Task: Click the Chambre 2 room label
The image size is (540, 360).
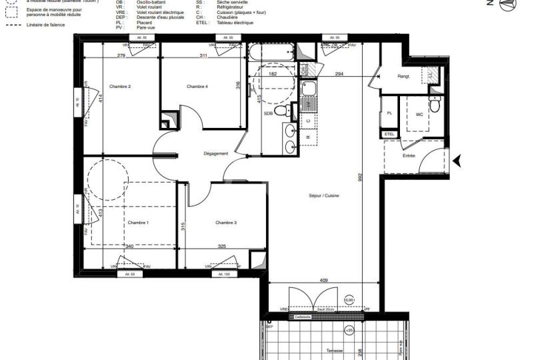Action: [x=120, y=87]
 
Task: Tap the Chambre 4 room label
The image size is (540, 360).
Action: [x=197, y=87]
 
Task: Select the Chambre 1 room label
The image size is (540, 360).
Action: [x=138, y=223]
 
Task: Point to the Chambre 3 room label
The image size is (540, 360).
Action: [x=226, y=223]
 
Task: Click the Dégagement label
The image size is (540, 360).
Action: [x=216, y=153]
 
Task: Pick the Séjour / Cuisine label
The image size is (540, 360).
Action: [x=325, y=195]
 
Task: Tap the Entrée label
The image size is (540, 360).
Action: [x=409, y=155]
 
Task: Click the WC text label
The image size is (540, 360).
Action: [x=419, y=115]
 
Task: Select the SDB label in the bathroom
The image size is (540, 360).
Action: [x=269, y=115]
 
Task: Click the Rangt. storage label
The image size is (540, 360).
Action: [x=403, y=77]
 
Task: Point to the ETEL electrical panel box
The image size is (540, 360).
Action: [x=389, y=134]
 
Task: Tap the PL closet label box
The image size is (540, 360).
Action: [x=389, y=114]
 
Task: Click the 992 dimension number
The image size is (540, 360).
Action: [x=360, y=178]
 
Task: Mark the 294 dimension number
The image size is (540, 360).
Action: [x=339, y=74]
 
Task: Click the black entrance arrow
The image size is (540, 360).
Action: [x=457, y=160]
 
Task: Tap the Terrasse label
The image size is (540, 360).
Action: [x=335, y=351]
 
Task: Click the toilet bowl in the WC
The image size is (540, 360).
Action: [x=435, y=105]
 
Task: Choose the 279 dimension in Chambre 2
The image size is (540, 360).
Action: [x=121, y=55]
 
